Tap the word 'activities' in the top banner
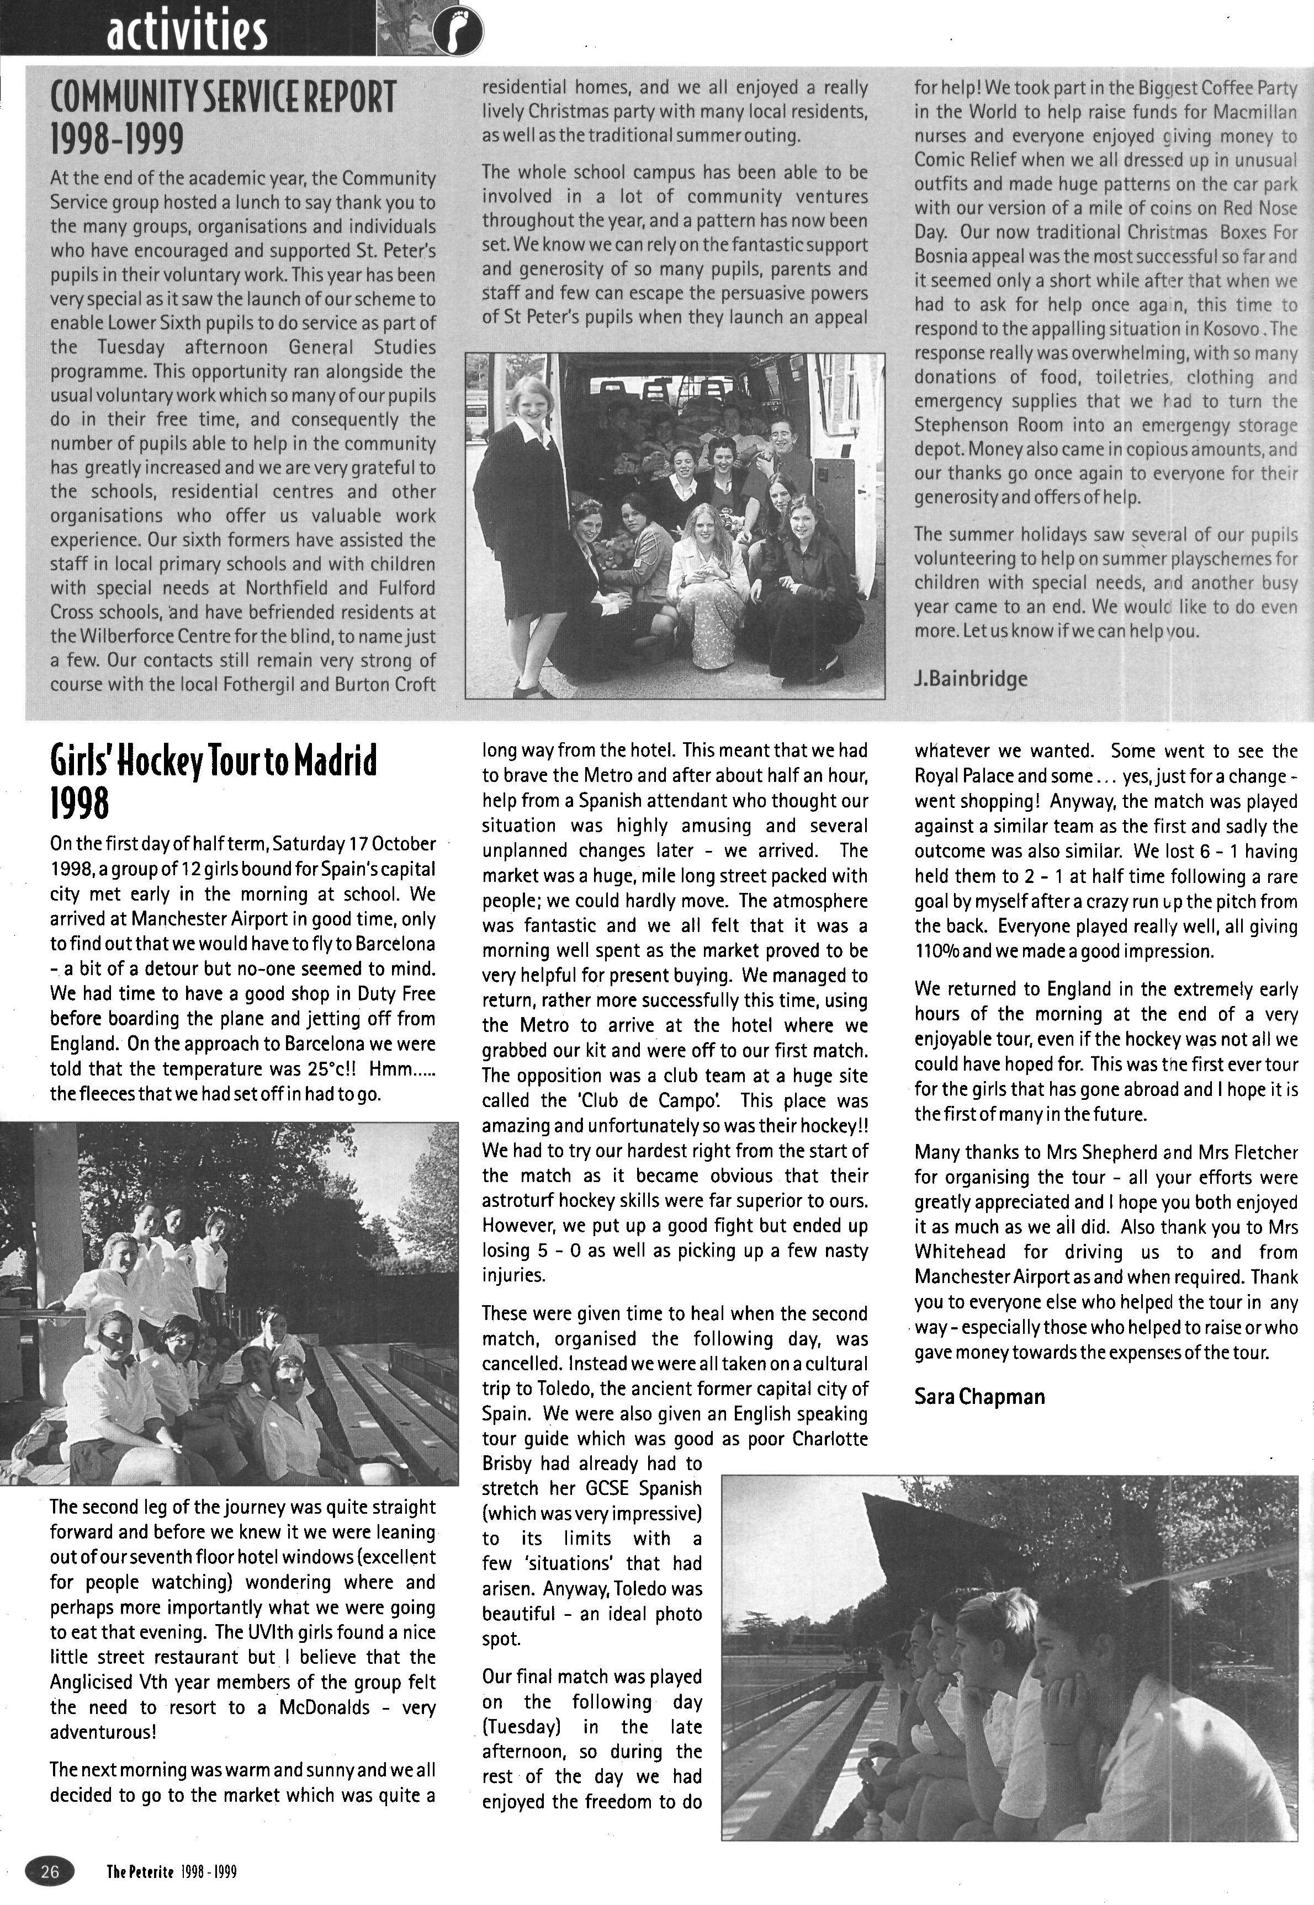point(187,31)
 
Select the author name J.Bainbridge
point(971,678)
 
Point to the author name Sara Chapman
point(979,1396)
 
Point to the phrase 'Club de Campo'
point(645,1100)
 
